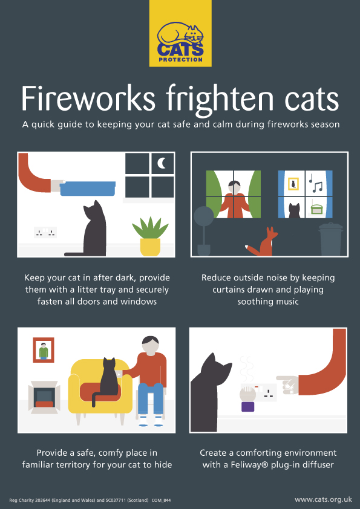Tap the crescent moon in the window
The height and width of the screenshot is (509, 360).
point(162,163)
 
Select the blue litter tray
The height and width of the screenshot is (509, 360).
point(88,188)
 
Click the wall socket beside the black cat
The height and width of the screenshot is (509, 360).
point(45,232)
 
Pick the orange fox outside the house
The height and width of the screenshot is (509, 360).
point(264,242)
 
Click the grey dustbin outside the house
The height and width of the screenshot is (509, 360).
point(331,239)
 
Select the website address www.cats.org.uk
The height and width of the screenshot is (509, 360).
point(323,499)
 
